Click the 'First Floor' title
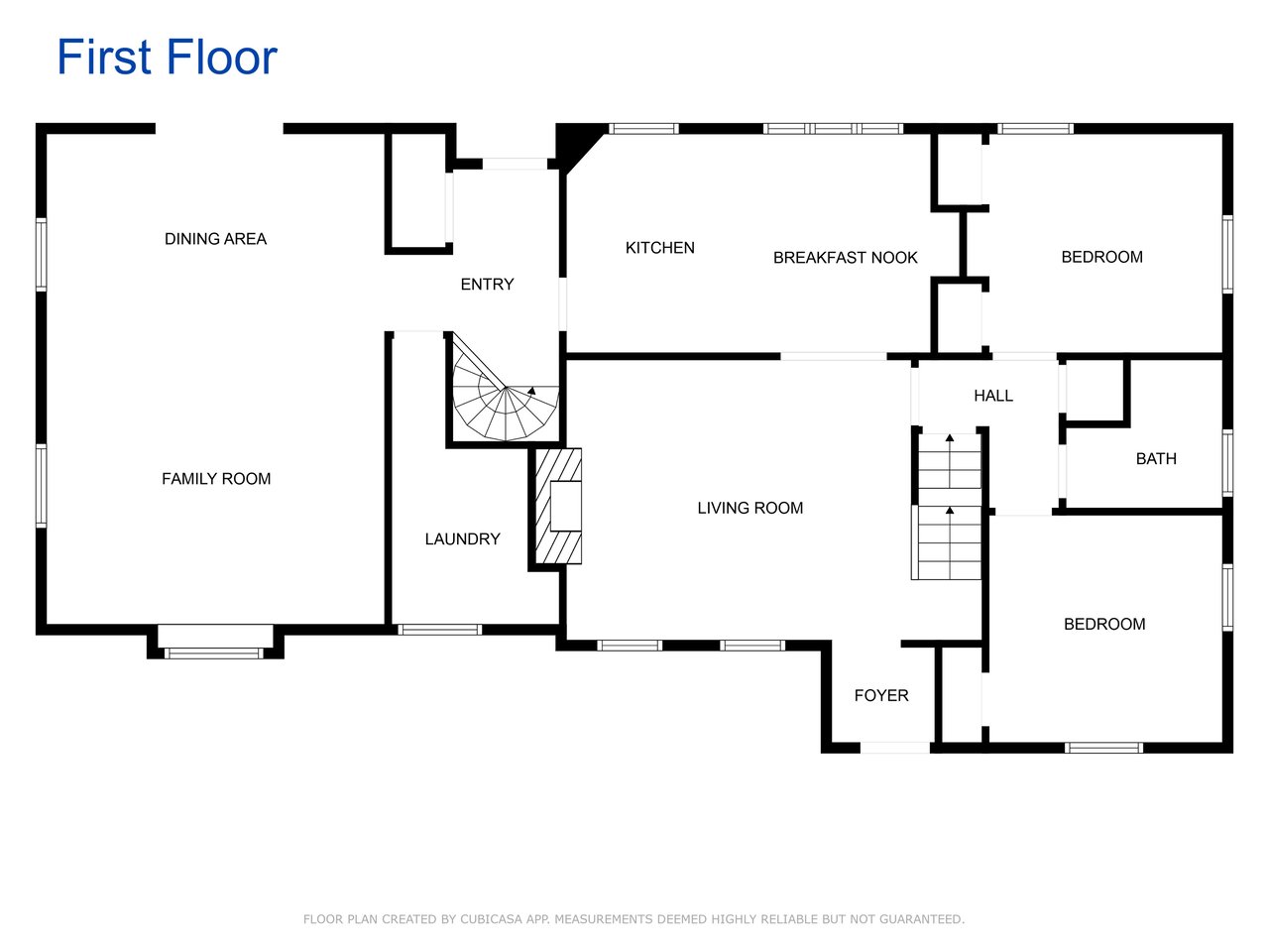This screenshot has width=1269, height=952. pos(168,57)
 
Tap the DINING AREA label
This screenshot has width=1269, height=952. pos(216,239)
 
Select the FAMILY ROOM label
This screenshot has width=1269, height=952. pos(216,479)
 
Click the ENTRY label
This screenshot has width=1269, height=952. pos(487,285)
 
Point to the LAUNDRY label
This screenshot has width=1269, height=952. pos(463,539)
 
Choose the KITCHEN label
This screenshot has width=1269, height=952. pos(659,248)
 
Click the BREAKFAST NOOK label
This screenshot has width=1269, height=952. pos(846,258)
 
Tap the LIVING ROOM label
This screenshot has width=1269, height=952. pos(750,508)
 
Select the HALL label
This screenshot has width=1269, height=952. pos(993,396)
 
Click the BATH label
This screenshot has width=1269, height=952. pos(1156,459)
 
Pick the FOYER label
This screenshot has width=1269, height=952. pos(881,695)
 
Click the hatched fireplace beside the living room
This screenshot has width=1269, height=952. pos(558,506)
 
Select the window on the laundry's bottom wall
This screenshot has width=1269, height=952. pos(440,630)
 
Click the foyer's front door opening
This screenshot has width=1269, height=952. pos(895,748)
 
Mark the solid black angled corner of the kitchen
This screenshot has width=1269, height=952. pos(576,145)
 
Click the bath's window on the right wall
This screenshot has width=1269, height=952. pos(1227,463)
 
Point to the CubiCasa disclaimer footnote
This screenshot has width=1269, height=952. pos(634,919)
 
